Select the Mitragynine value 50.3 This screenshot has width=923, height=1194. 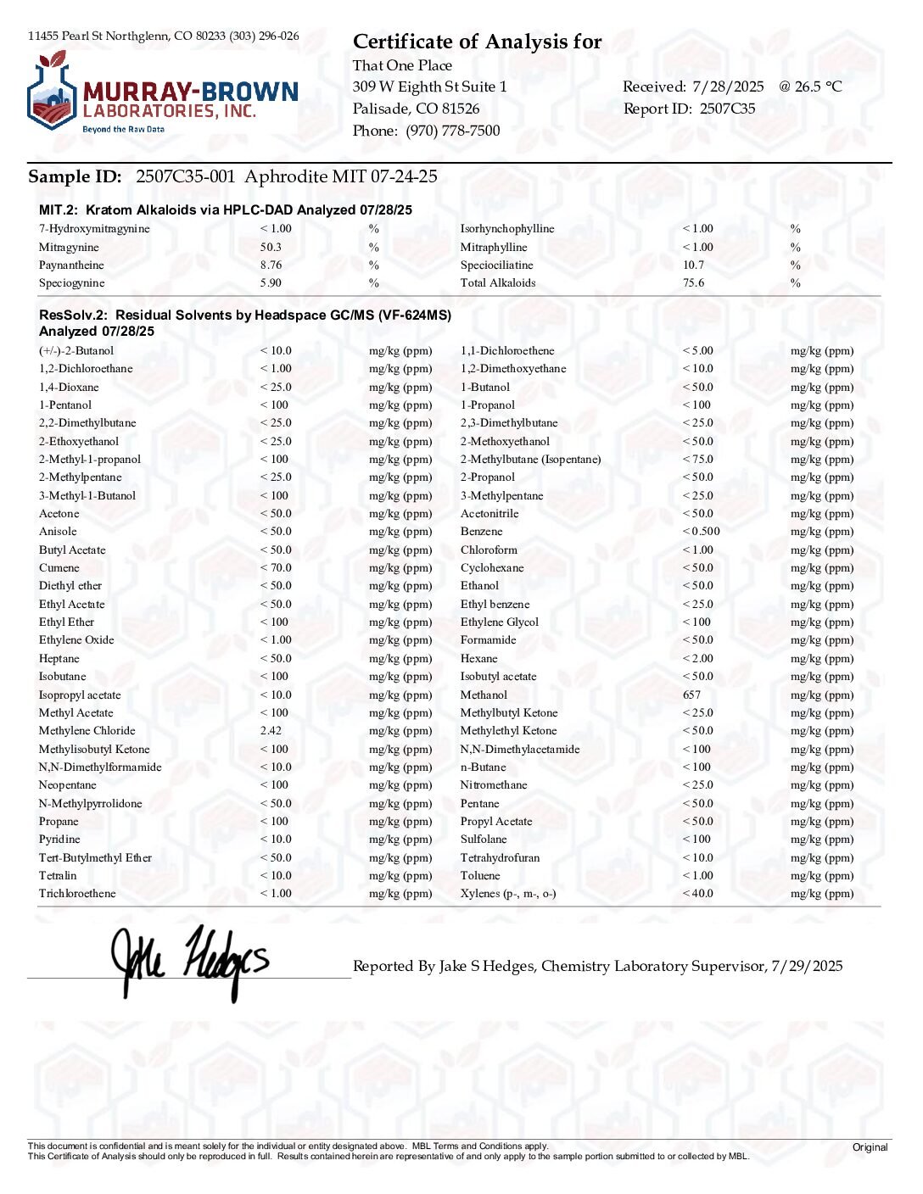tap(271, 248)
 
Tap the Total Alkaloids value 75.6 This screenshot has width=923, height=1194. tap(693, 283)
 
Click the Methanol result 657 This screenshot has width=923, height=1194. tap(691, 695)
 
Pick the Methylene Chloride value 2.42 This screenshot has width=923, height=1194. tap(271, 731)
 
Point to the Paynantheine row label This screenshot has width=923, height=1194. tap(71, 265)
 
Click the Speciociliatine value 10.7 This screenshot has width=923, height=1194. tap(693, 265)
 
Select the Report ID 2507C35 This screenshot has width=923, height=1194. tap(727, 109)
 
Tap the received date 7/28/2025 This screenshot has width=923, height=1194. tap(728, 86)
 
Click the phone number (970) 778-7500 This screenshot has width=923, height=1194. tap(453, 131)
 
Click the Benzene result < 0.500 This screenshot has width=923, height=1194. tap(701, 532)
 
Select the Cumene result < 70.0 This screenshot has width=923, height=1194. tap(276, 568)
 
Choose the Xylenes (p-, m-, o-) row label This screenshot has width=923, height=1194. tap(508, 894)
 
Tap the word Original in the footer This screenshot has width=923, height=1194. tap(870, 1147)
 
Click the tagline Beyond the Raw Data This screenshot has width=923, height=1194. tap(123, 130)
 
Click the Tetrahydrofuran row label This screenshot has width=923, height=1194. tap(500, 858)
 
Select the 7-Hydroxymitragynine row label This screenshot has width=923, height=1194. tap(94, 229)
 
